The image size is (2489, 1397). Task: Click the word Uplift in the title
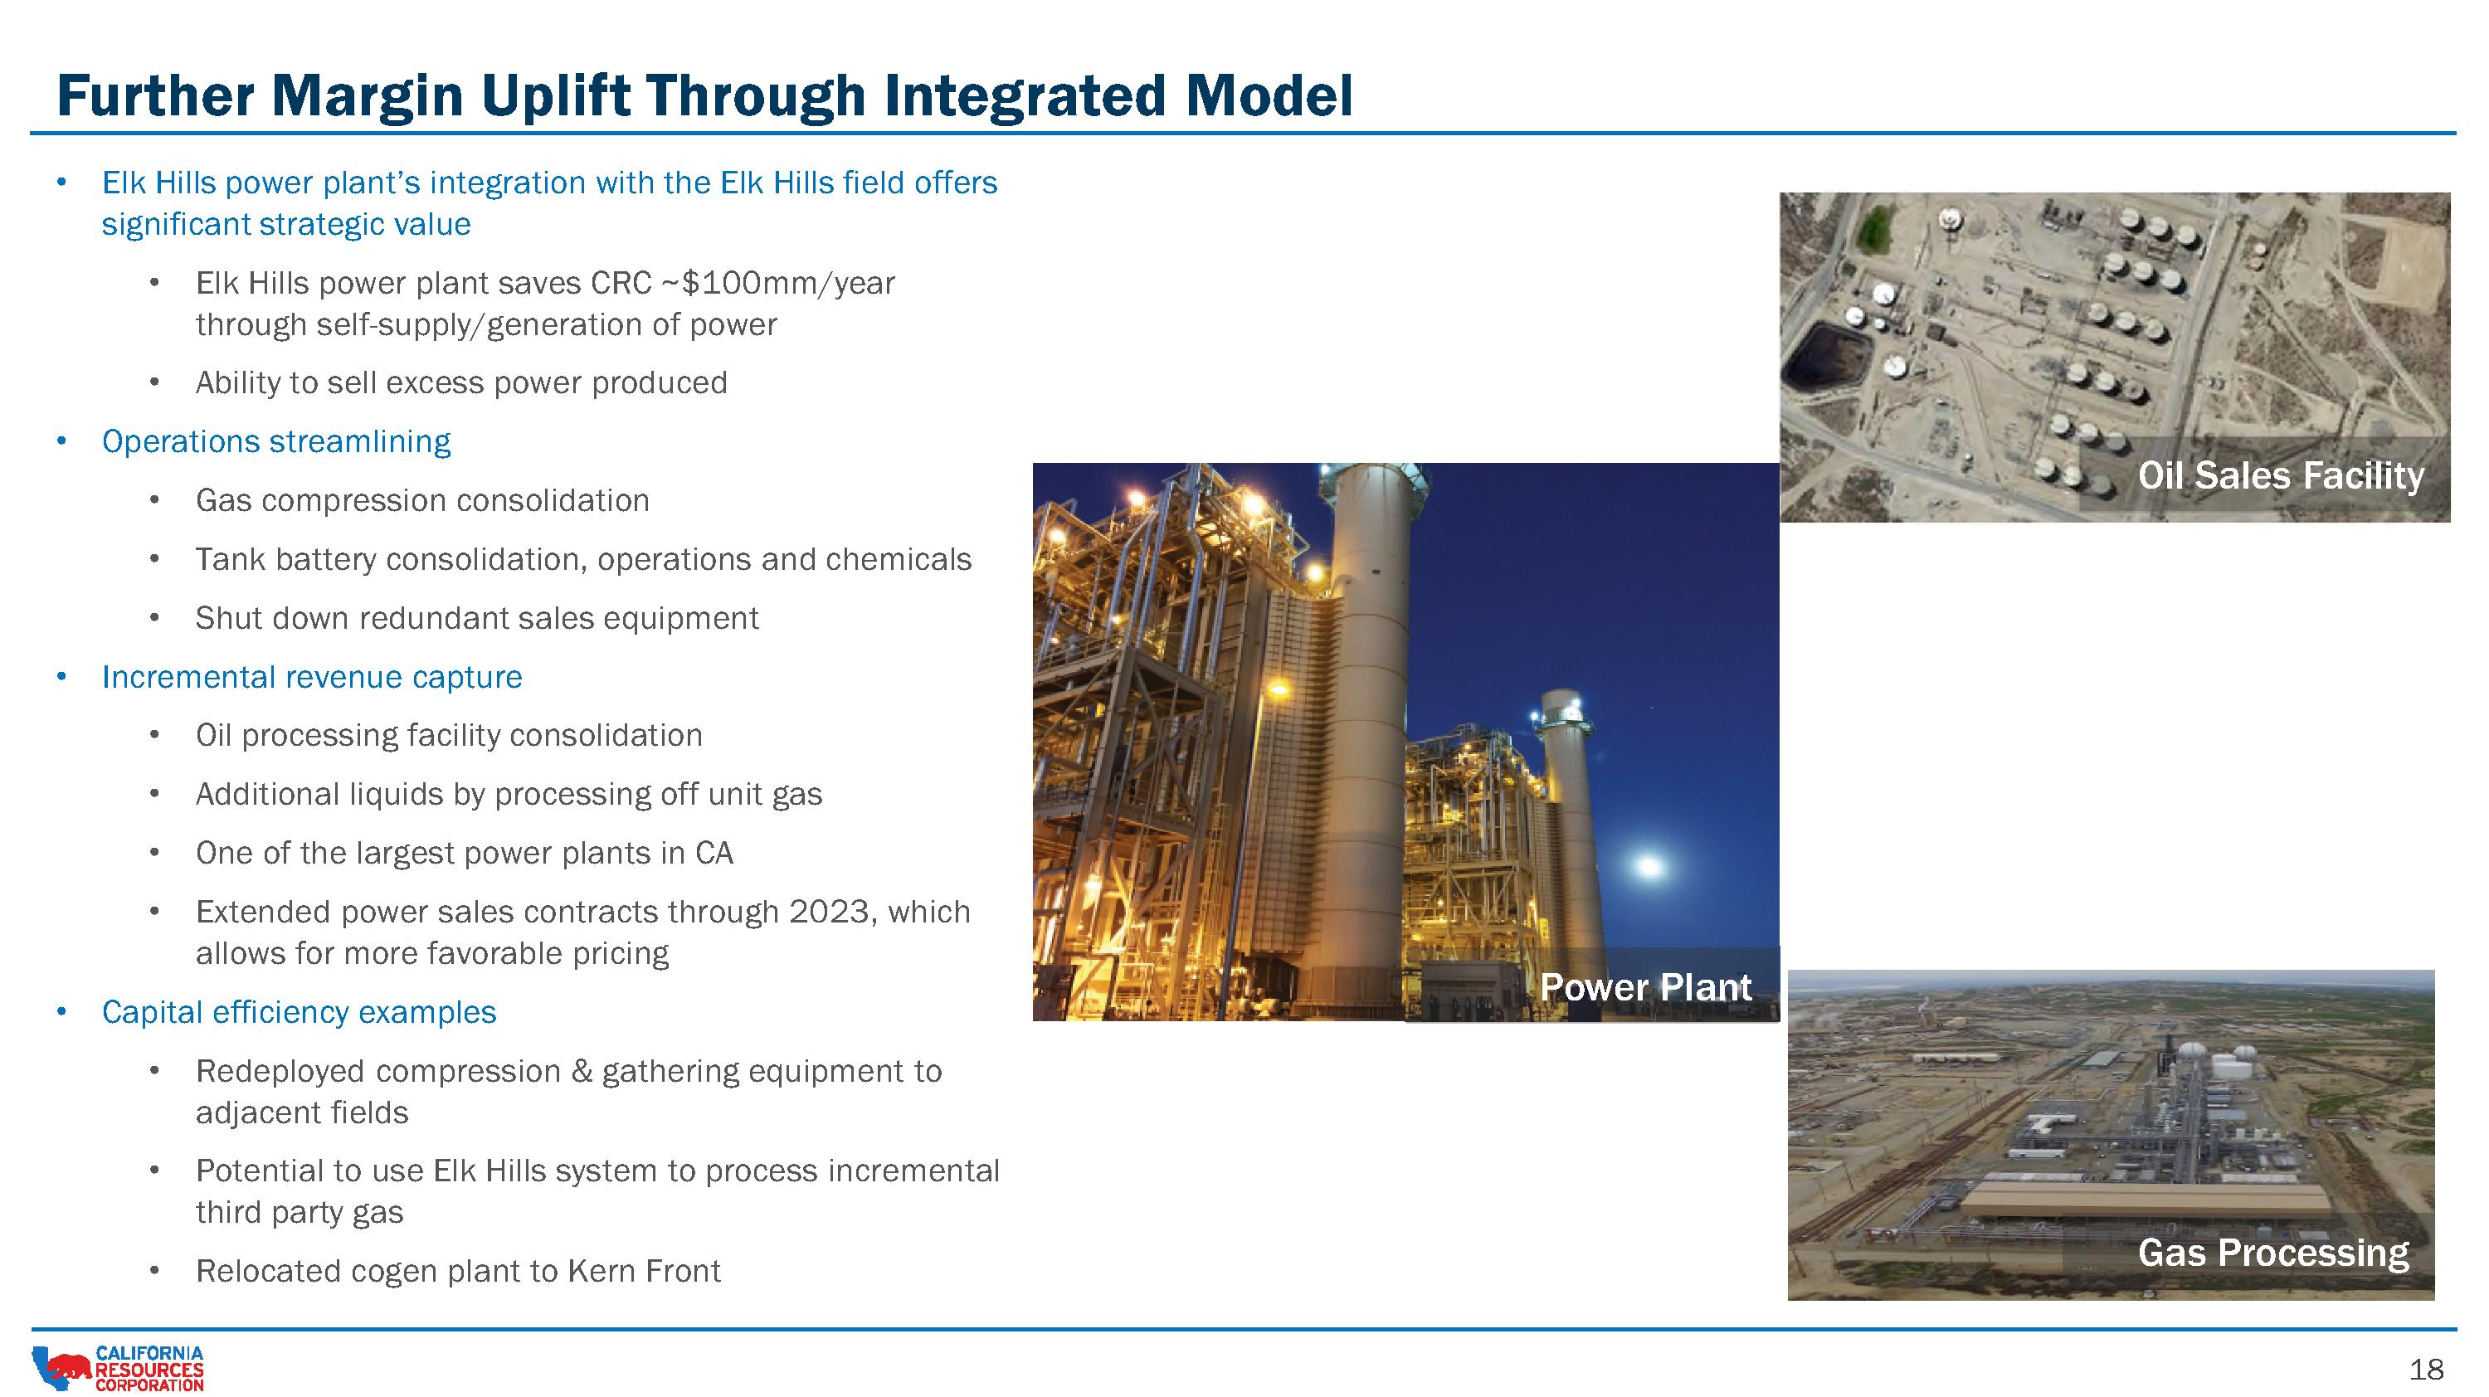tap(542, 95)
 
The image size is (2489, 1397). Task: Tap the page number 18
tap(2426, 1369)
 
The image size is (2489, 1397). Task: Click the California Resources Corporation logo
tap(118, 1368)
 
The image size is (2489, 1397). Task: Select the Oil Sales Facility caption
tap(2280, 475)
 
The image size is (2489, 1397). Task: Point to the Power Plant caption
tap(1645, 986)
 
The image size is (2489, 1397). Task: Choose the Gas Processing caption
tap(2273, 1252)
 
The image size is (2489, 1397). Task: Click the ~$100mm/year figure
tap(778, 283)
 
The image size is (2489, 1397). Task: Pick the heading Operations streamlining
tap(276, 441)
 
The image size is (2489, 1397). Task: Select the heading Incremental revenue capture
tap(312, 677)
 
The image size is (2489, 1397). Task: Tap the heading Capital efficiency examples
tap(300, 1011)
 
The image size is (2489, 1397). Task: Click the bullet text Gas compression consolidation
tap(422, 500)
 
